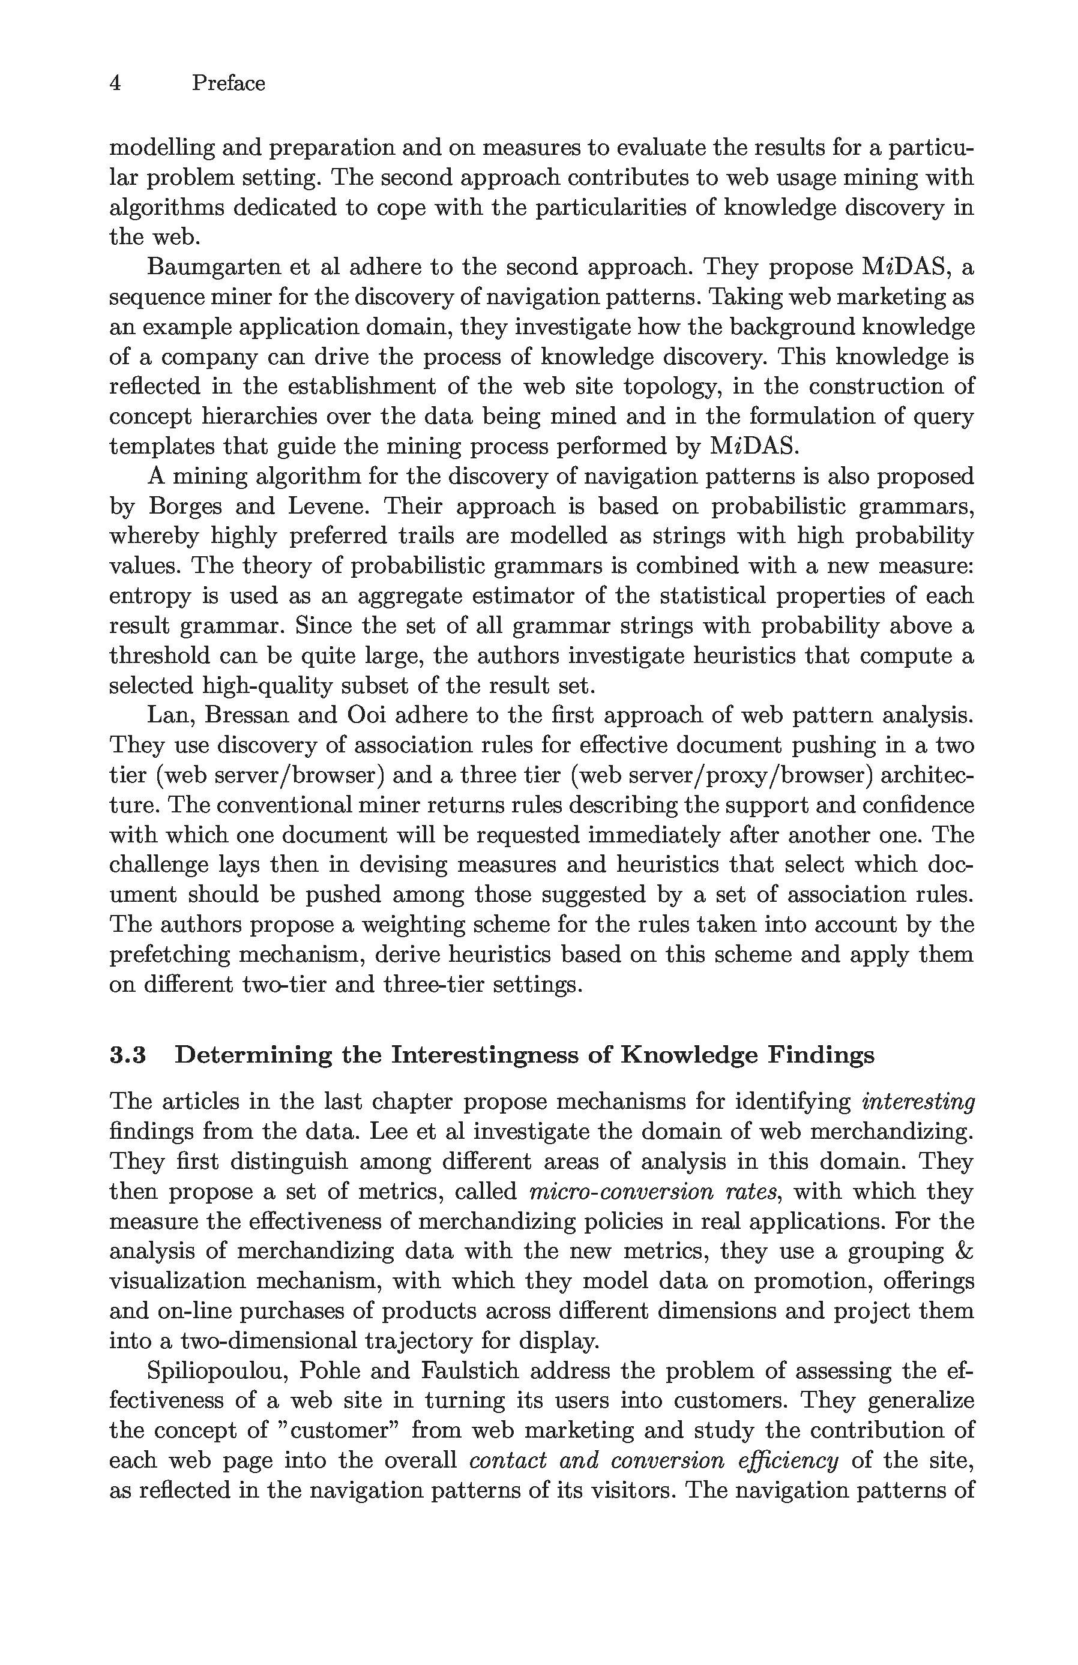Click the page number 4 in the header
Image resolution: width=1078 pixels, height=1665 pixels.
coord(115,83)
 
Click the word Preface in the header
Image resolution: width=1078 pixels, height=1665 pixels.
coord(228,83)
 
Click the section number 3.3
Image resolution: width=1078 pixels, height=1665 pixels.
coord(127,1054)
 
